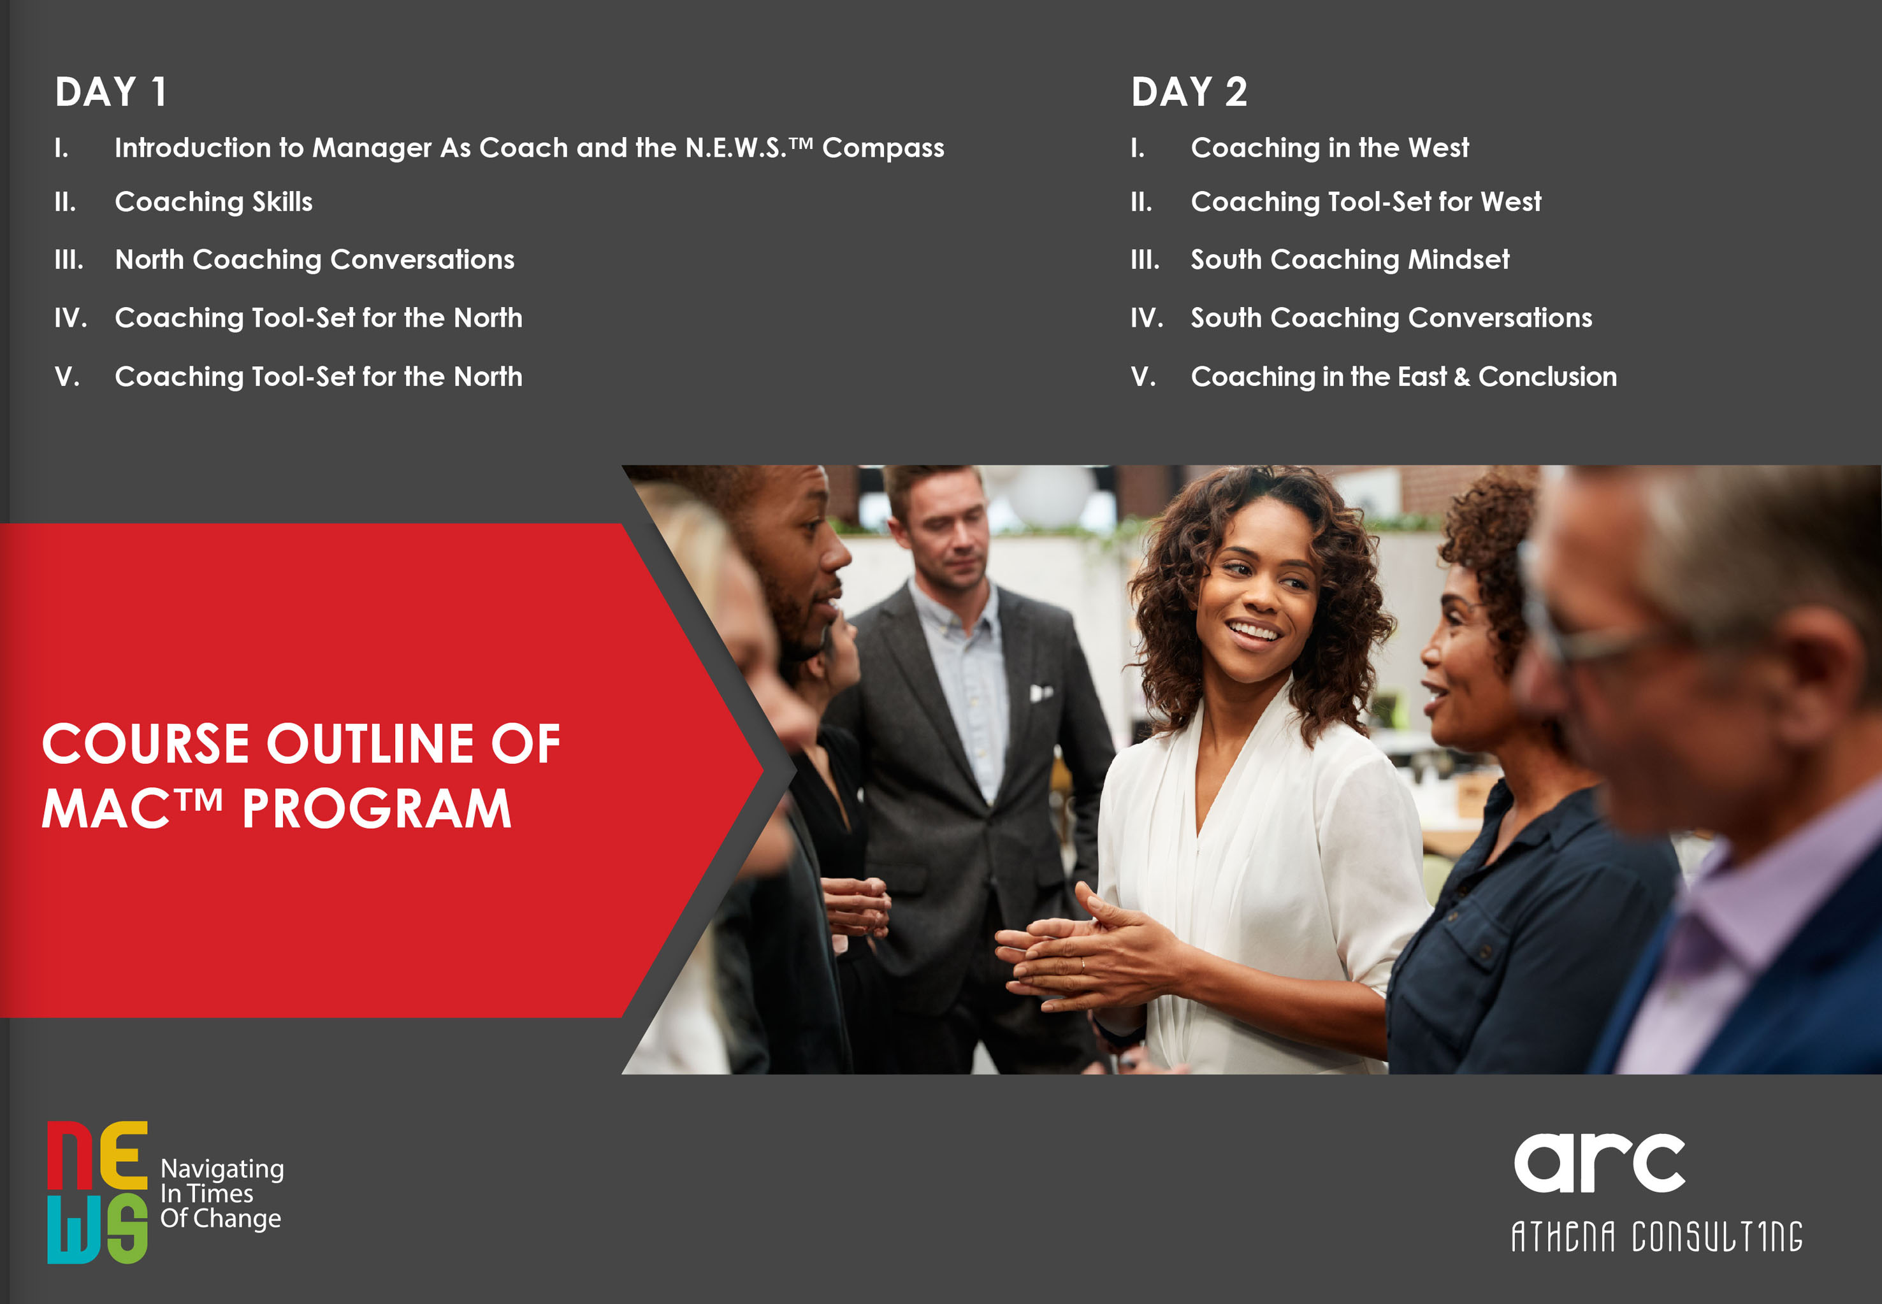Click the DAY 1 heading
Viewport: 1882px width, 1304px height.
pyautogui.click(x=111, y=92)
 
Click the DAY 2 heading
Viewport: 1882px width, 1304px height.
pyautogui.click(x=1189, y=92)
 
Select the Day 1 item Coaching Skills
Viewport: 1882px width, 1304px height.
pyautogui.click(x=214, y=202)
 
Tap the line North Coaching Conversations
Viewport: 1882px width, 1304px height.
pyautogui.click(x=315, y=260)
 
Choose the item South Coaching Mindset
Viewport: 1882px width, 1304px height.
pyautogui.click(x=1349, y=260)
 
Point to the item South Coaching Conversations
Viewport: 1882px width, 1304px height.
pyautogui.click(x=1391, y=318)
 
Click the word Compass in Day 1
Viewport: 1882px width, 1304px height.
pyautogui.click(x=883, y=148)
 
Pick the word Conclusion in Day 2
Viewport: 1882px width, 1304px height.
pyautogui.click(x=1547, y=376)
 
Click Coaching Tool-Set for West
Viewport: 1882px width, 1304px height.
pyautogui.click(x=1366, y=202)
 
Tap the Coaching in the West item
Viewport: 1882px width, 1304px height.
pyautogui.click(x=1329, y=148)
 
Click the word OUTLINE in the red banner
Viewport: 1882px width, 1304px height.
pyautogui.click(x=370, y=744)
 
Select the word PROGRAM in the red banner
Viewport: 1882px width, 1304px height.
pyautogui.click(x=377, y=809)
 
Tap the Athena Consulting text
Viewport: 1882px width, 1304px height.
pyautogui.click(x=1656, y=1236)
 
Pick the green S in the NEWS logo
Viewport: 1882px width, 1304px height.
pyautogui.click(x=127, y=1229)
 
